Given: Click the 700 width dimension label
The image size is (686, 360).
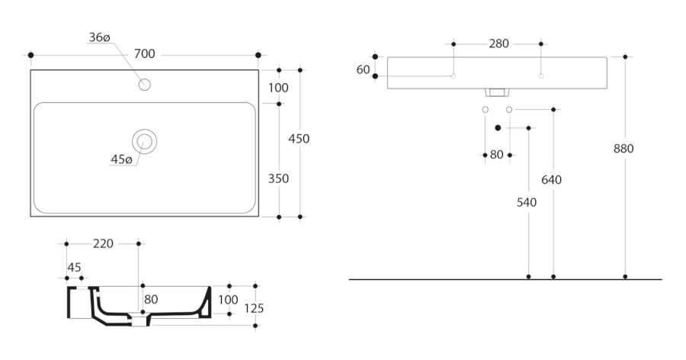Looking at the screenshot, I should click(145, 54).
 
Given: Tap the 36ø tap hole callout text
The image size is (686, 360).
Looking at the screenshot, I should click(100, 37).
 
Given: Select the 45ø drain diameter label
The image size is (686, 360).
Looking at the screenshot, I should click(121, 159).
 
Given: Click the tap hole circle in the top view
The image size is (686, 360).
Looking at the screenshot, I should click(145, 84).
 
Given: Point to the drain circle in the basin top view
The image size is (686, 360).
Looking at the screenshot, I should click(144, 141).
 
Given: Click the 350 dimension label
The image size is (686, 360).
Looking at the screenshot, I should click(278, 178).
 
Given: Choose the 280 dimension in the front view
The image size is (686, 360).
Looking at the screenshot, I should click(499, 43).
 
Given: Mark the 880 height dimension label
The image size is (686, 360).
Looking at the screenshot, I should click(623, 149).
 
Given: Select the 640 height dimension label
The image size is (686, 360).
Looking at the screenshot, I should click(551, 180).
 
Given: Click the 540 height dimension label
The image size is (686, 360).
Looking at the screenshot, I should click(527, 203).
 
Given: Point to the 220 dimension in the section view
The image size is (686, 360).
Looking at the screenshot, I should click(103, 244).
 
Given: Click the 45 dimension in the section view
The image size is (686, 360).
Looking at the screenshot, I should click(74, 266).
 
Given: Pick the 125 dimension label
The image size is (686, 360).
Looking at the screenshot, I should click(254, 308).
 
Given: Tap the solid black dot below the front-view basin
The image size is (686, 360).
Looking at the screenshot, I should click(498, 128).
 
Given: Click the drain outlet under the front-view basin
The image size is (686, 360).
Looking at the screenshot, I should click(497, 93).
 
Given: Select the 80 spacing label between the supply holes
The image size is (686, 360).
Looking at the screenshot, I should click(496, 155).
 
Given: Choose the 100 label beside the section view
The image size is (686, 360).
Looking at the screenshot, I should click(228, 300).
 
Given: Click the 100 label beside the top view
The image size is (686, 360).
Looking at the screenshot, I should click(278, 88).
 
